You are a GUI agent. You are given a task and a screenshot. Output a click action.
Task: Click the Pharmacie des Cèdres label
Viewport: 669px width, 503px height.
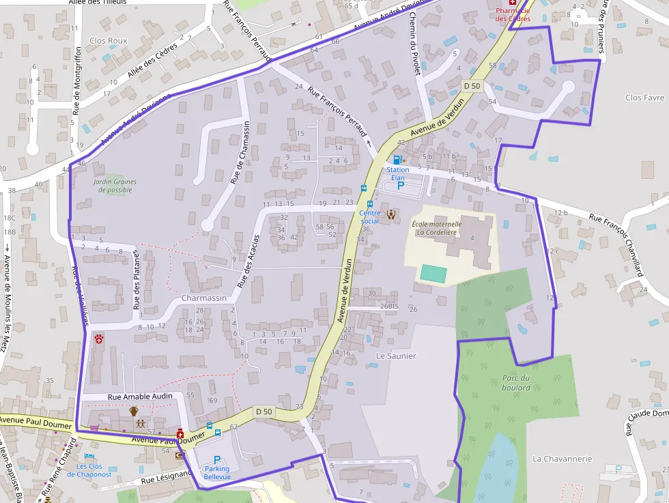[x=513, y=14]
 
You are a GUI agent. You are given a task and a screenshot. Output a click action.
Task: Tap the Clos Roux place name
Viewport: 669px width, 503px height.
[x=109, y=41]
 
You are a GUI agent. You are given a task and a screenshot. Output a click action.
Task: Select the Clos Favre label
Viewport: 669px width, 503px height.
[x=644, y=98]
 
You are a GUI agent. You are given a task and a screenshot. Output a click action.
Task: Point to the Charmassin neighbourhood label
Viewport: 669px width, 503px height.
[x=203, y=298]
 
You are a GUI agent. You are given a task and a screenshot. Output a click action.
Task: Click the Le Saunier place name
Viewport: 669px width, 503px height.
[x=396, y=356]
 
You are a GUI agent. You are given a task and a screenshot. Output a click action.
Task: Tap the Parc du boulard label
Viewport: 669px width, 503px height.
[x=516, y=383]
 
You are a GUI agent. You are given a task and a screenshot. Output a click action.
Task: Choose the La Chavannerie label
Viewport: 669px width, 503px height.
[x=562, y=459]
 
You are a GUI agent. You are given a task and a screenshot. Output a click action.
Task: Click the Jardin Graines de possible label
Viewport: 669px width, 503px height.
[x=115, y=186]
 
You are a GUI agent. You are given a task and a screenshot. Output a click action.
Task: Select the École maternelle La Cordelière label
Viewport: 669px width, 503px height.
[x=437, y=227]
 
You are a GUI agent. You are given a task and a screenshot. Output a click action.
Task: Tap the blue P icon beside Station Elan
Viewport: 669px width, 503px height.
[x=401, y=185]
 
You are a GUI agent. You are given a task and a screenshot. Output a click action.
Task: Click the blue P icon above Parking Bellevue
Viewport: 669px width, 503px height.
[x=217, y=460]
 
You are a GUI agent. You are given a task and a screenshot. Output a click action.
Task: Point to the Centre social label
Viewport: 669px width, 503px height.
[x=369, y=217]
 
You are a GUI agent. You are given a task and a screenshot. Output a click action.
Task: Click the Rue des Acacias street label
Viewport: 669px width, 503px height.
[x=248, y=260]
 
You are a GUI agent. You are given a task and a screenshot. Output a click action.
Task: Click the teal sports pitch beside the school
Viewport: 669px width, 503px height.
[x=433, y=274]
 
